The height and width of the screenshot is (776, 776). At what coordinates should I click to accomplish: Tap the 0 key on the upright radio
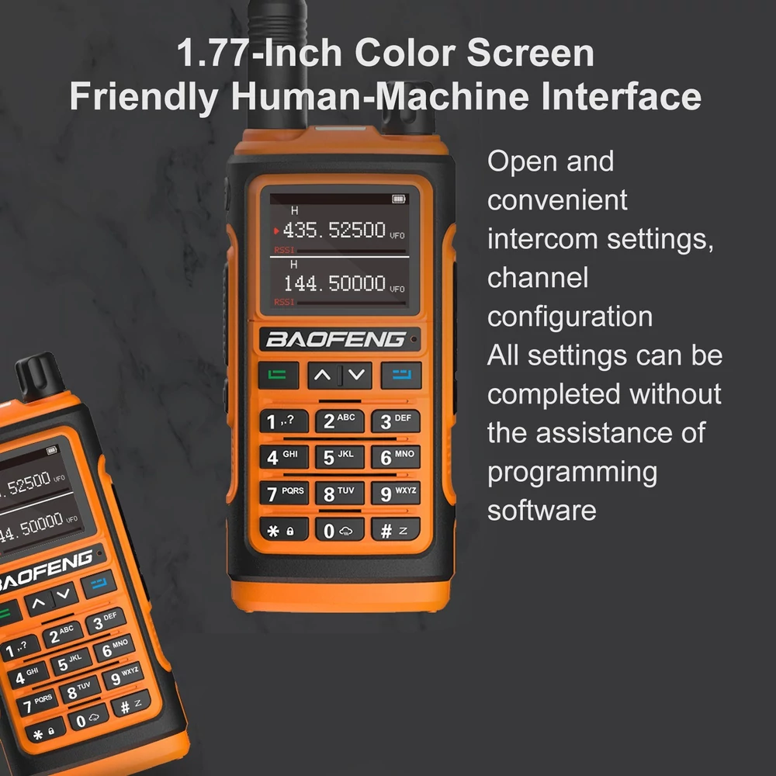pyautogui.click(x=340, y=530)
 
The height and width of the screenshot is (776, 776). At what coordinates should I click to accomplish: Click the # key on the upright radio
pyautogui.click(x=396, y=530)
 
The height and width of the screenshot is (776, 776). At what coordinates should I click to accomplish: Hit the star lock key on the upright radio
pyautogui.click(x=283, y=530)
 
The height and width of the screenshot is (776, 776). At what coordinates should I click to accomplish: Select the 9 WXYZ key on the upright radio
pyautogui.click(x=396, y=494)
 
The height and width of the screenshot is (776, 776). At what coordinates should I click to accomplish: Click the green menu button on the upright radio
pyautogui.click(x=278, y=375)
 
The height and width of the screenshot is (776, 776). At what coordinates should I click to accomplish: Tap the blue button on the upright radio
pyautogui.click(x=401, y=375)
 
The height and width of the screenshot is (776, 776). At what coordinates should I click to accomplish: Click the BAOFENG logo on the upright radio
pyautogui.click(x=335, y=340)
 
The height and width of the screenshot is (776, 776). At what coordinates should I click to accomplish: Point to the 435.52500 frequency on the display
pyautogui.click(x=334, y=230)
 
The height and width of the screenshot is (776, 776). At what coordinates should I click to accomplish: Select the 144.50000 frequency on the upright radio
pyautogui.click(x=334, y=283)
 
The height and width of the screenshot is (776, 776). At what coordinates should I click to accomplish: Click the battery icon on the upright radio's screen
pyautogui.click(x=398, y=199)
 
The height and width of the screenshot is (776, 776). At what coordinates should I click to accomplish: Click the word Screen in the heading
pyautogui.click(x=530, y=53)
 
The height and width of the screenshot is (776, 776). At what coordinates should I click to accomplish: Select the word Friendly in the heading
pyautogui.click(x=144, y=96)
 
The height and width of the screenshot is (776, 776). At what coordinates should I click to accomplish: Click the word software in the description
pyautogui.click(x=542, y=511)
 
